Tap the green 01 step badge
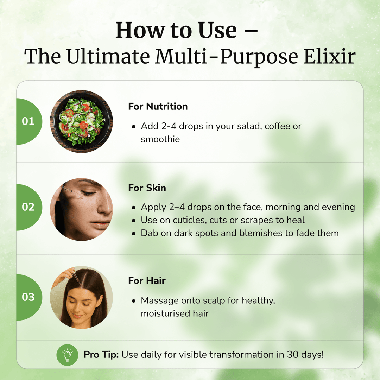click(28, 121)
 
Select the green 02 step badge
click(28, 207)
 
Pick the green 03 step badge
click(28, 297)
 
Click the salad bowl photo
click(81, 121)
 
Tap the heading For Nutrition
click(158, 107)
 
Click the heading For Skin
click(147, 188)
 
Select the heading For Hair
click(147, 281)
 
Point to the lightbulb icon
click(67, 355)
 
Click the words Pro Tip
click(101, 355)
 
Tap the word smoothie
click(160, 139)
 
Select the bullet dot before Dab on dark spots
click(134, 233)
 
